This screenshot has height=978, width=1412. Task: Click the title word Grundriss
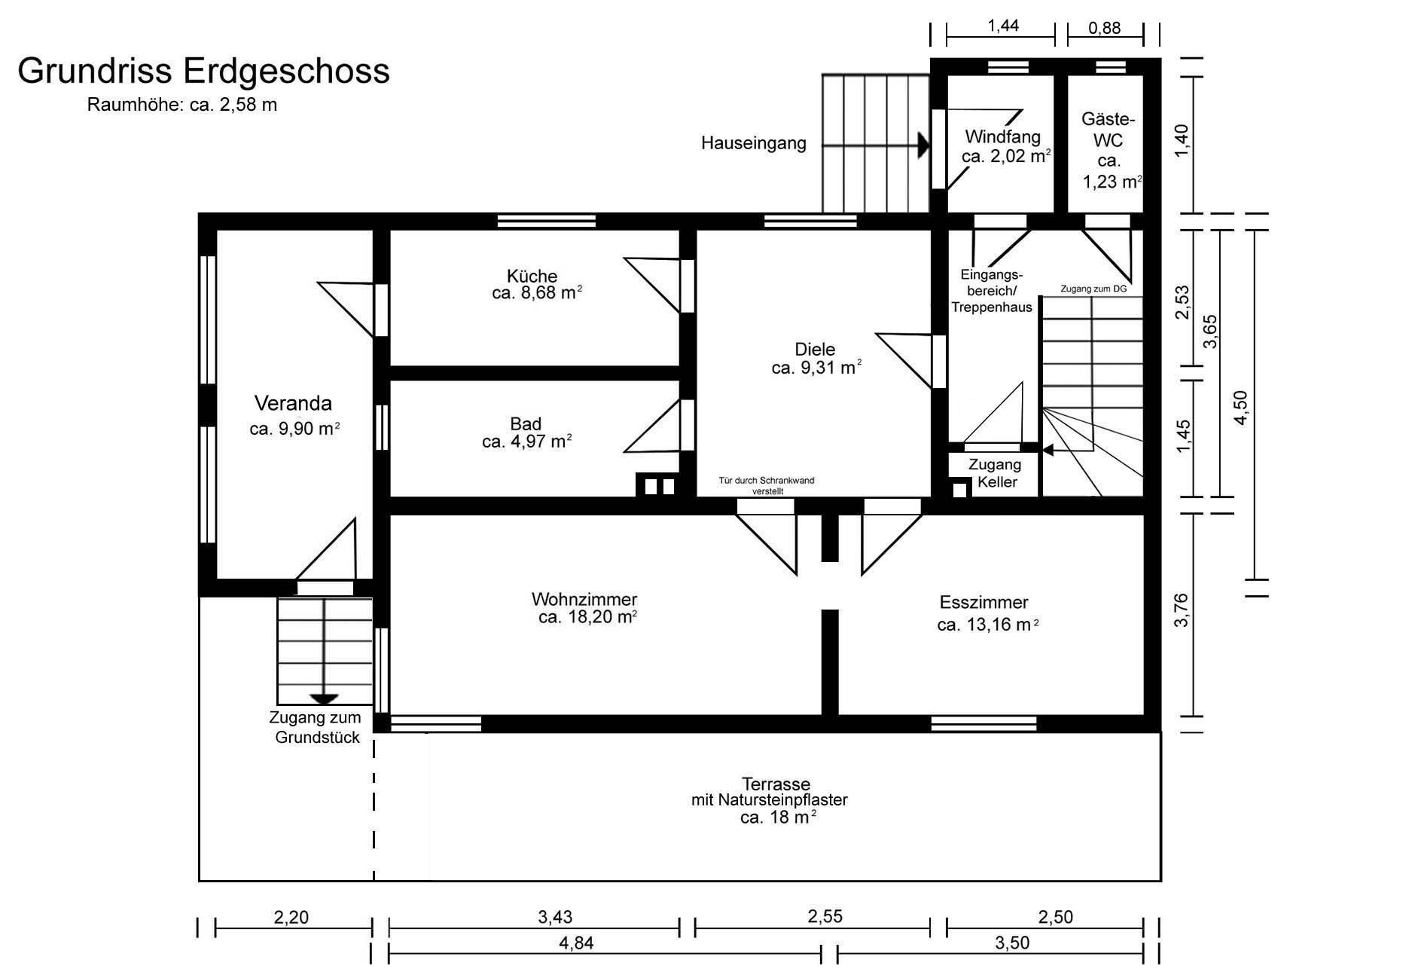pyautogui.click(x=96, y=72)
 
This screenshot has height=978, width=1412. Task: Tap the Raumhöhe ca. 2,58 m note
pyautogui.click(x=182, y=105)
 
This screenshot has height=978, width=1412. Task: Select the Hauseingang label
pyautogui.click(x=753, y=143)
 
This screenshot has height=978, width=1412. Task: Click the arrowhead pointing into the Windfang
pyautogui.click(x=923, y=145)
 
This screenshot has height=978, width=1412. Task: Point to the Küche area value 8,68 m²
pyautogui.click(x=548, y=293)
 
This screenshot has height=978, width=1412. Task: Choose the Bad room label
pyautogui.click(x=526, y=423)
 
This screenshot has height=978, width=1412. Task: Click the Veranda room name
pyautogui.click(x=293, y=403)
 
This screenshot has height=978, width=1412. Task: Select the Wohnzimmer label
pyautogui.click(x=584, y=600)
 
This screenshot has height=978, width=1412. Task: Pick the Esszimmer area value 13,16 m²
pyautogui.click(x=1002, y=625)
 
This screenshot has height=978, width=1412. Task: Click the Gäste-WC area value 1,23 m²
pyautogui.click(x=1112, y=182)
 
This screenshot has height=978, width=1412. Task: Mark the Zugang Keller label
pyautogui.click(x=995, y=473)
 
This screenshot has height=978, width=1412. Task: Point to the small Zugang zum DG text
pyautogui.click(x=1093, y=289)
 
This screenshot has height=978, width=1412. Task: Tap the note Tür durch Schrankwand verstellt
pyautogui.click(x=767, y=485)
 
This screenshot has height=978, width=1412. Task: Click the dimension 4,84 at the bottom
pyautogui.click(x=576, y=943)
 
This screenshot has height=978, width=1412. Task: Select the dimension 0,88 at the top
pyautogui.click(x=1105, y=29)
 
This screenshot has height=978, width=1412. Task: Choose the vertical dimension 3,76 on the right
pyautogui.click(x=1182, y=610)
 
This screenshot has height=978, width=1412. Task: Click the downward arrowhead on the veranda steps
pyautogui.click(x=325, y=699)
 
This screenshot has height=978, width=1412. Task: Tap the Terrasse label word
pyautogui.click(x=776, y=784)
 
